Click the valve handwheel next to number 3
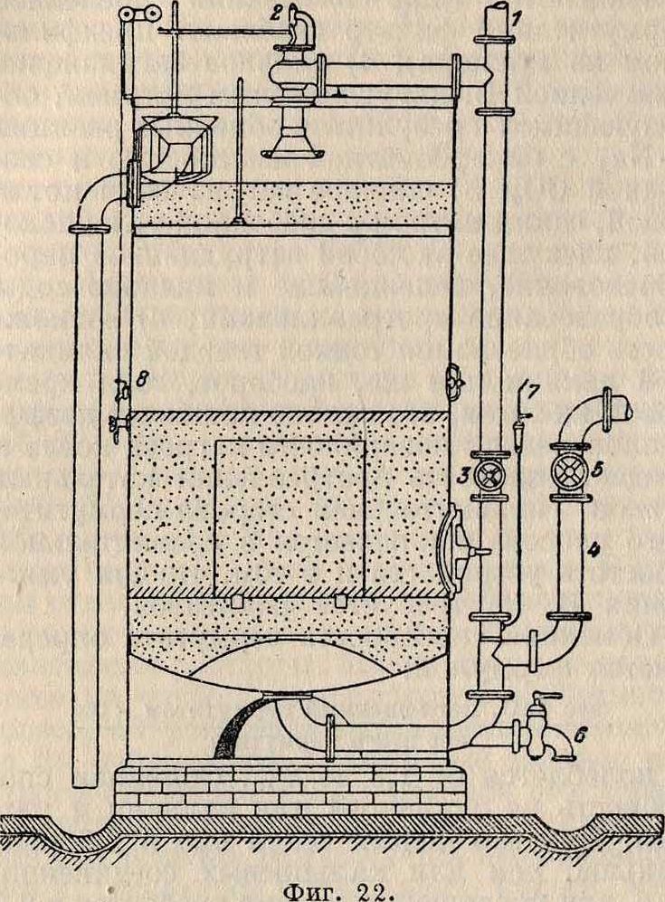pyautogui.click(x=493, y=474)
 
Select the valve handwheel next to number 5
pyautogui.click(x=568, y=471)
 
